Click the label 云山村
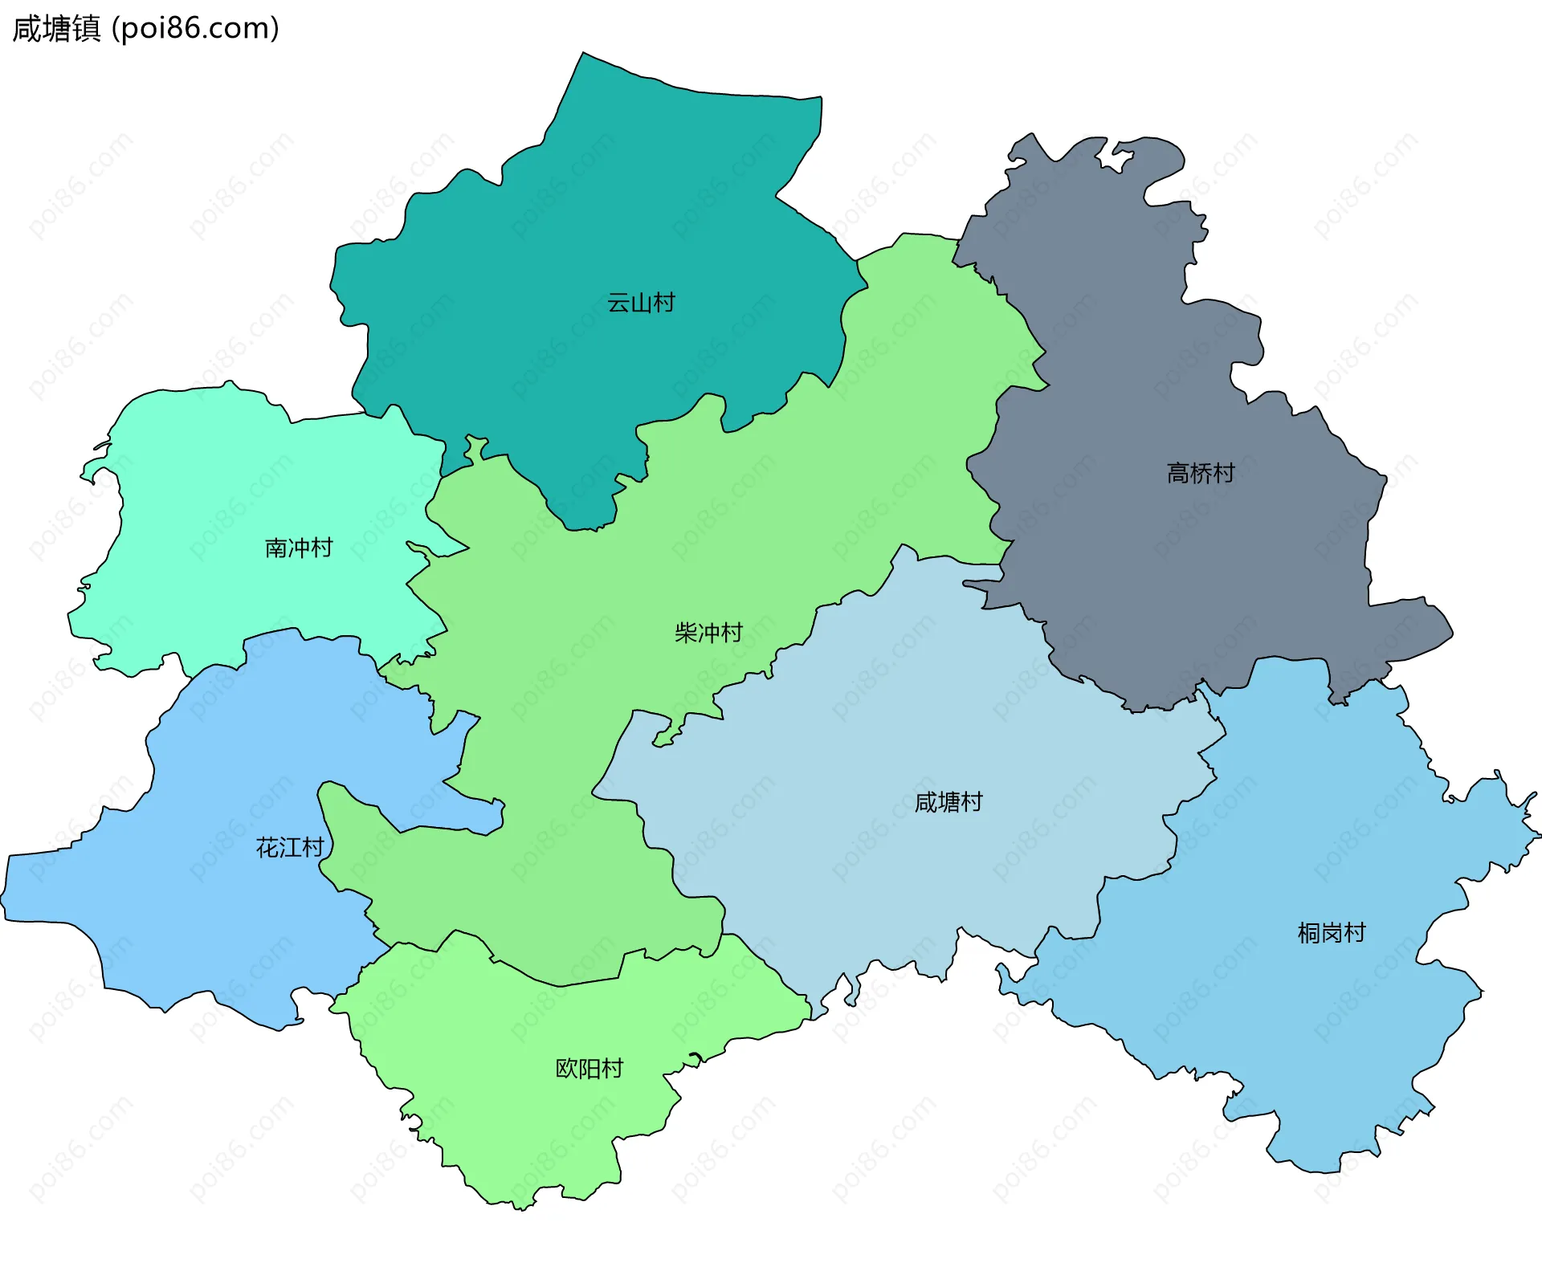[641, 303]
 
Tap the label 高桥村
[1200, 473]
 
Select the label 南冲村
[299, 548]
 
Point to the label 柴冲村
[708, 633]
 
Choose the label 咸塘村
[948, 801]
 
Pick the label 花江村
[289, 847]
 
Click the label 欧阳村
[589, 1068]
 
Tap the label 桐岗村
[1331, 932]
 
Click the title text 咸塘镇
[56, 29]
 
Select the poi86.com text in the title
[195, 29]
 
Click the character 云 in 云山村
[618, 303]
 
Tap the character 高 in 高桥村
[1177, 473]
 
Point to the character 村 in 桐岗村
[1354, 932]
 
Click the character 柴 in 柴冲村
[686, 633]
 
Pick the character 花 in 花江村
[267, 847]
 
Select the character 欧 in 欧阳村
[566, 1068]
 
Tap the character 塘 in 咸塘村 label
[948, 801]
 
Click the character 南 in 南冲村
[276, 548]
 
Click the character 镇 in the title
[86, 29]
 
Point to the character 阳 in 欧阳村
[589, 1068]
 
